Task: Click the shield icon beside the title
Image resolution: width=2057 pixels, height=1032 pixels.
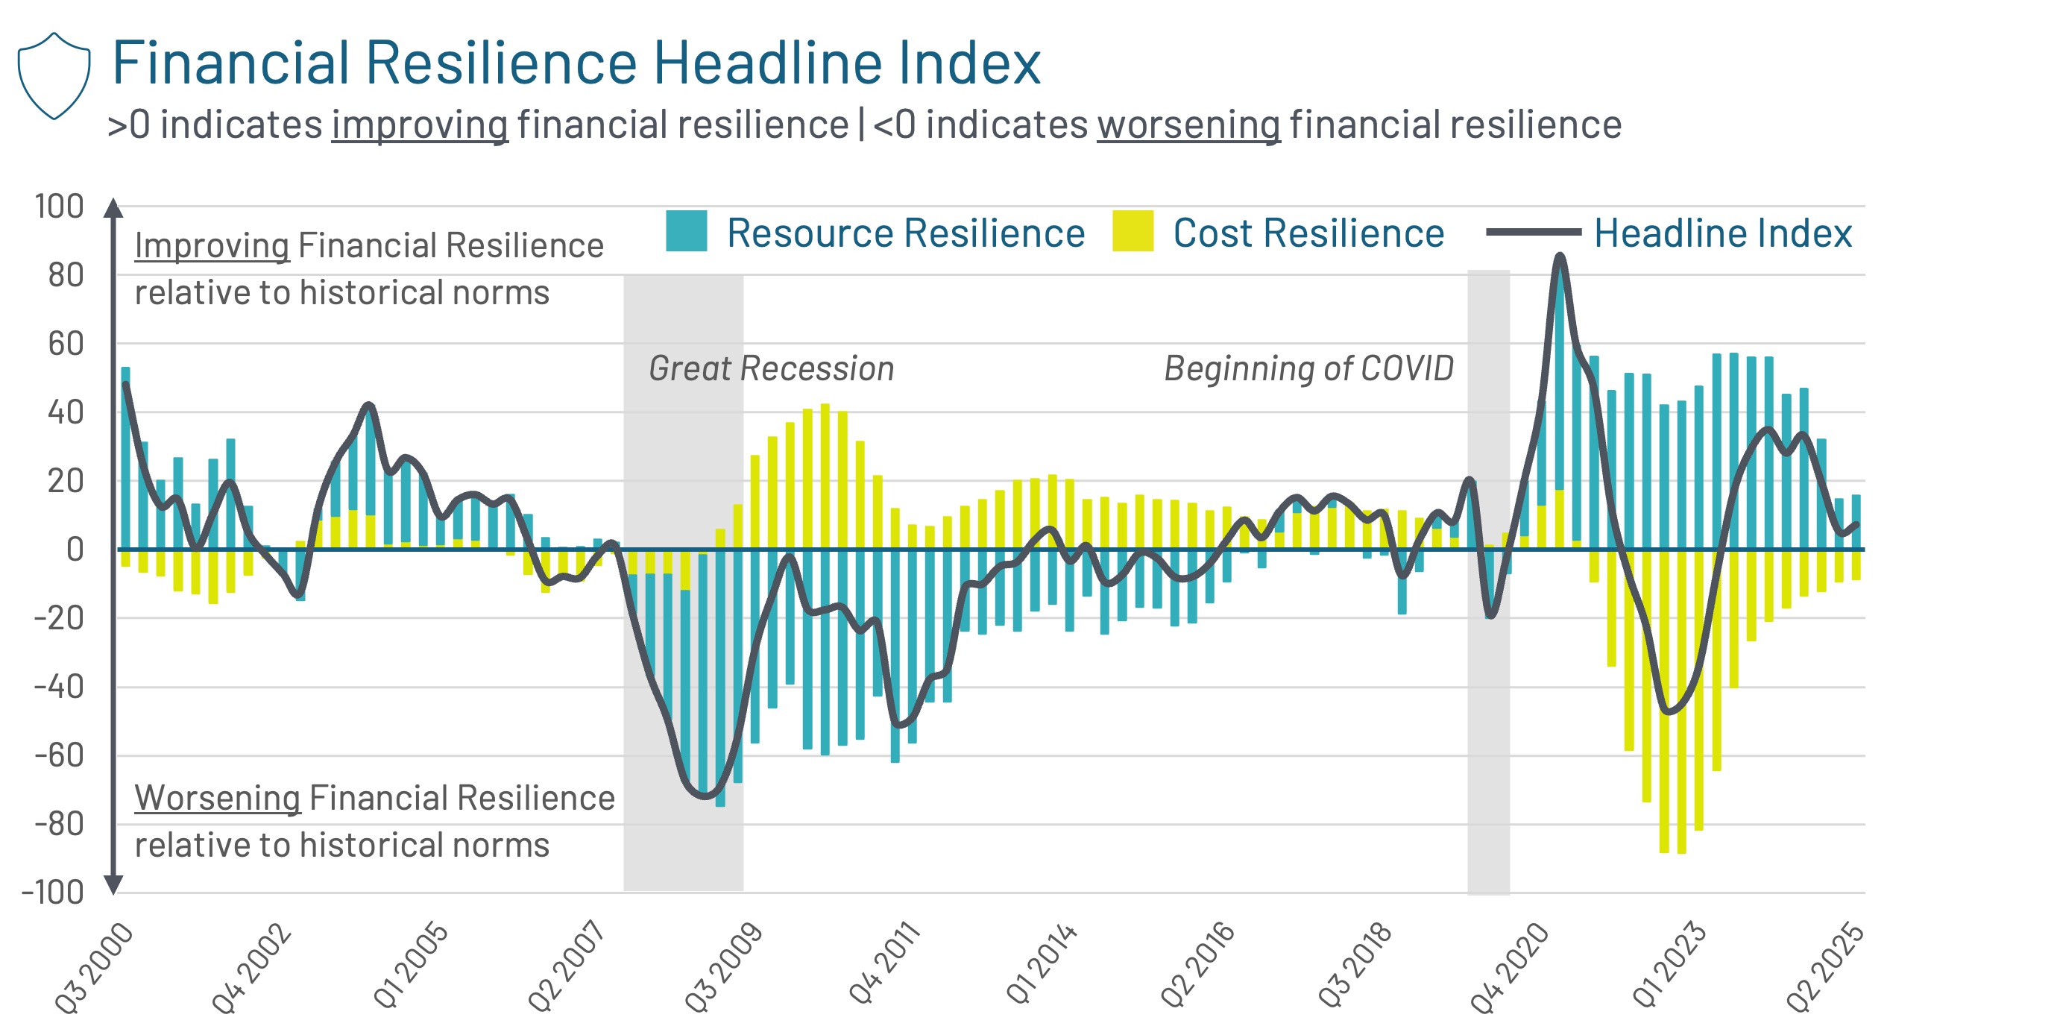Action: point(54,76)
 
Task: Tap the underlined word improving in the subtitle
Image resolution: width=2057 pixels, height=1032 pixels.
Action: point(420,125)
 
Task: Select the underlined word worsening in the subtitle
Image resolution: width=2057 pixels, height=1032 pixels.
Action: point(1188,125)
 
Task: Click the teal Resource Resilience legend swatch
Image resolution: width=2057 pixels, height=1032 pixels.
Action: point(686,231)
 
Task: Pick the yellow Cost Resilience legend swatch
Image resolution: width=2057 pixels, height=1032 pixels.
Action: point(1133,231)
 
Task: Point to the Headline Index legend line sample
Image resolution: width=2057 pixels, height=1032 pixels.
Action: point(1532,232)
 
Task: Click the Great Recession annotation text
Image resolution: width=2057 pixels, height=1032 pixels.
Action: point(771,368)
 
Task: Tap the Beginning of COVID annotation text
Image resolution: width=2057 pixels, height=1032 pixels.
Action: point(1308,368)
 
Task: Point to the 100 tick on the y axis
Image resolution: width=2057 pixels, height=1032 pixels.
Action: point(59,206)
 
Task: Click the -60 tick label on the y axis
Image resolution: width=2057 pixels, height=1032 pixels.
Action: point(59,755)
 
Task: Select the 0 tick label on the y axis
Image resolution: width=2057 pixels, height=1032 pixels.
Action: point(75,550)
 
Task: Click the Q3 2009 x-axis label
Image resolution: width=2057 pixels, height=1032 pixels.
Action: point(722,966)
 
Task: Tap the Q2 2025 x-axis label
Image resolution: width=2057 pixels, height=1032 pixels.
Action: point(1824,966)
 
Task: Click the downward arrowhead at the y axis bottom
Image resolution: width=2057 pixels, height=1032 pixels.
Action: point(113,884)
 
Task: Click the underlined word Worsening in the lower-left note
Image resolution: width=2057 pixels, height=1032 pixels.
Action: point(217,797)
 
